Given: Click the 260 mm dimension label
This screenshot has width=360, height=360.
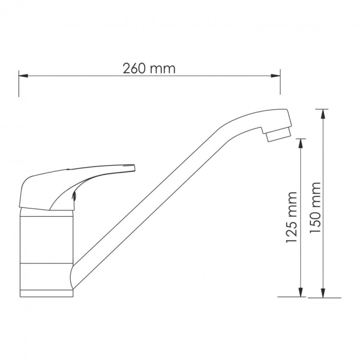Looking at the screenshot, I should click(x=149, y=69).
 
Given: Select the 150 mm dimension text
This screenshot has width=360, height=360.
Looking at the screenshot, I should click(x=315, y=207).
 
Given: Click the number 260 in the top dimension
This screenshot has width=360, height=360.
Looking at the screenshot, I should click(x=133, y=69).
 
